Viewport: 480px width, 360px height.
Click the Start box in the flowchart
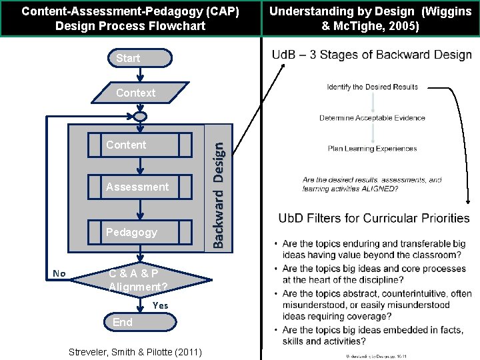139,58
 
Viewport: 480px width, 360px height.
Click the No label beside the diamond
59,273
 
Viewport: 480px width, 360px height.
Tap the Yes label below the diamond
160,305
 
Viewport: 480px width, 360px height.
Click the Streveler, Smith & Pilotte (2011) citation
136,351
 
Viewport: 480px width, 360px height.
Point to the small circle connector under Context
139,117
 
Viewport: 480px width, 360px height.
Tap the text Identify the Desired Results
372,87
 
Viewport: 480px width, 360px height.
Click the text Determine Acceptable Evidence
372,118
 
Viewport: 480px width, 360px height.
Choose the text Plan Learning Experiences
372,148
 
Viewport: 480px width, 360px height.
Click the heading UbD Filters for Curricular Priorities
374,218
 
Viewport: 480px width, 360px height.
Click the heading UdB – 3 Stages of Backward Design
372,55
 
